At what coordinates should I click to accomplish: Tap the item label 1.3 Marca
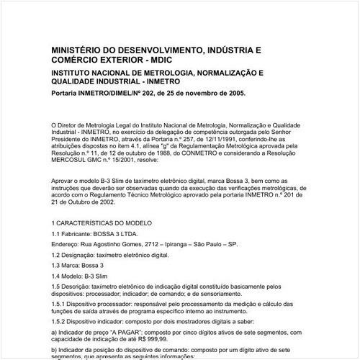(66, 265)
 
